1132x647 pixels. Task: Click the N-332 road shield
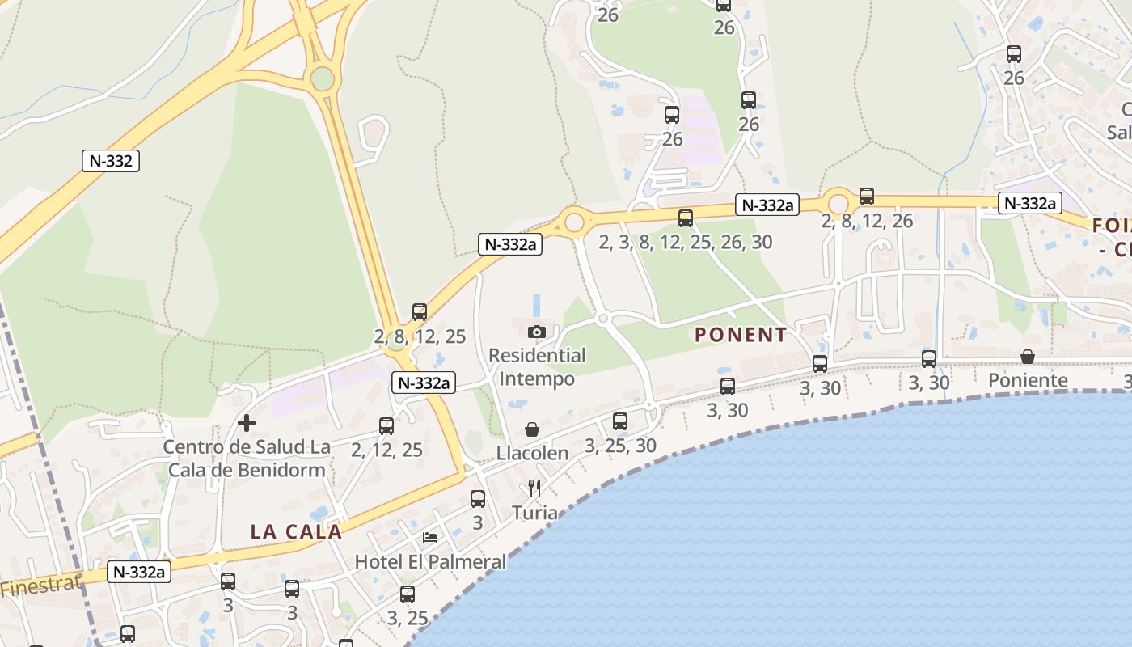click(x=111, y=161)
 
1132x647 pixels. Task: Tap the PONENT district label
click(x=741, y=335)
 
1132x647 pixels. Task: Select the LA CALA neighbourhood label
click(x=296, y=531)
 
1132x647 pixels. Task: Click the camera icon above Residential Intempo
click(x=536, y=332)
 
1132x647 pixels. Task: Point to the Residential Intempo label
click(x=537, y=367)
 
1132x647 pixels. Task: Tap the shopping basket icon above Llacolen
click(x=532, y=429)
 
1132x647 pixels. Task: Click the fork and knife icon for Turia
click(x=534, y=488)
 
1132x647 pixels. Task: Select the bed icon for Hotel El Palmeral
click(x=430, y=538)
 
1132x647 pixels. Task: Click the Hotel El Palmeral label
click(x=430, y=561)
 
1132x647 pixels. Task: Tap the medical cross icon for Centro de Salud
click(x=247, y=422)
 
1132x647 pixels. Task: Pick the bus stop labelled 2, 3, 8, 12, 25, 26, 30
click(x=686, y=218)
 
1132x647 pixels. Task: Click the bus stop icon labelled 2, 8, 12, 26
click(x=867, y=196)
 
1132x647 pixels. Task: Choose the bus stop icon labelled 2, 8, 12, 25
click(x=420, y=311)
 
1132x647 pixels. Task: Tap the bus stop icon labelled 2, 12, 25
click(x=386, y=425)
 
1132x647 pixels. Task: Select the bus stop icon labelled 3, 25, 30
click(x=620, y=421)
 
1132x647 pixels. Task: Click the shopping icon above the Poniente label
click(x=1028, y=357)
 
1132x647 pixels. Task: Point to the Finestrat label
click(x=40, y=586)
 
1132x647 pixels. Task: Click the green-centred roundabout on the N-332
click(x=322, y=78)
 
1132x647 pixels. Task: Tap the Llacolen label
click(x=533, y=453)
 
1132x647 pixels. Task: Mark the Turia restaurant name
click(x=534, y=512)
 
